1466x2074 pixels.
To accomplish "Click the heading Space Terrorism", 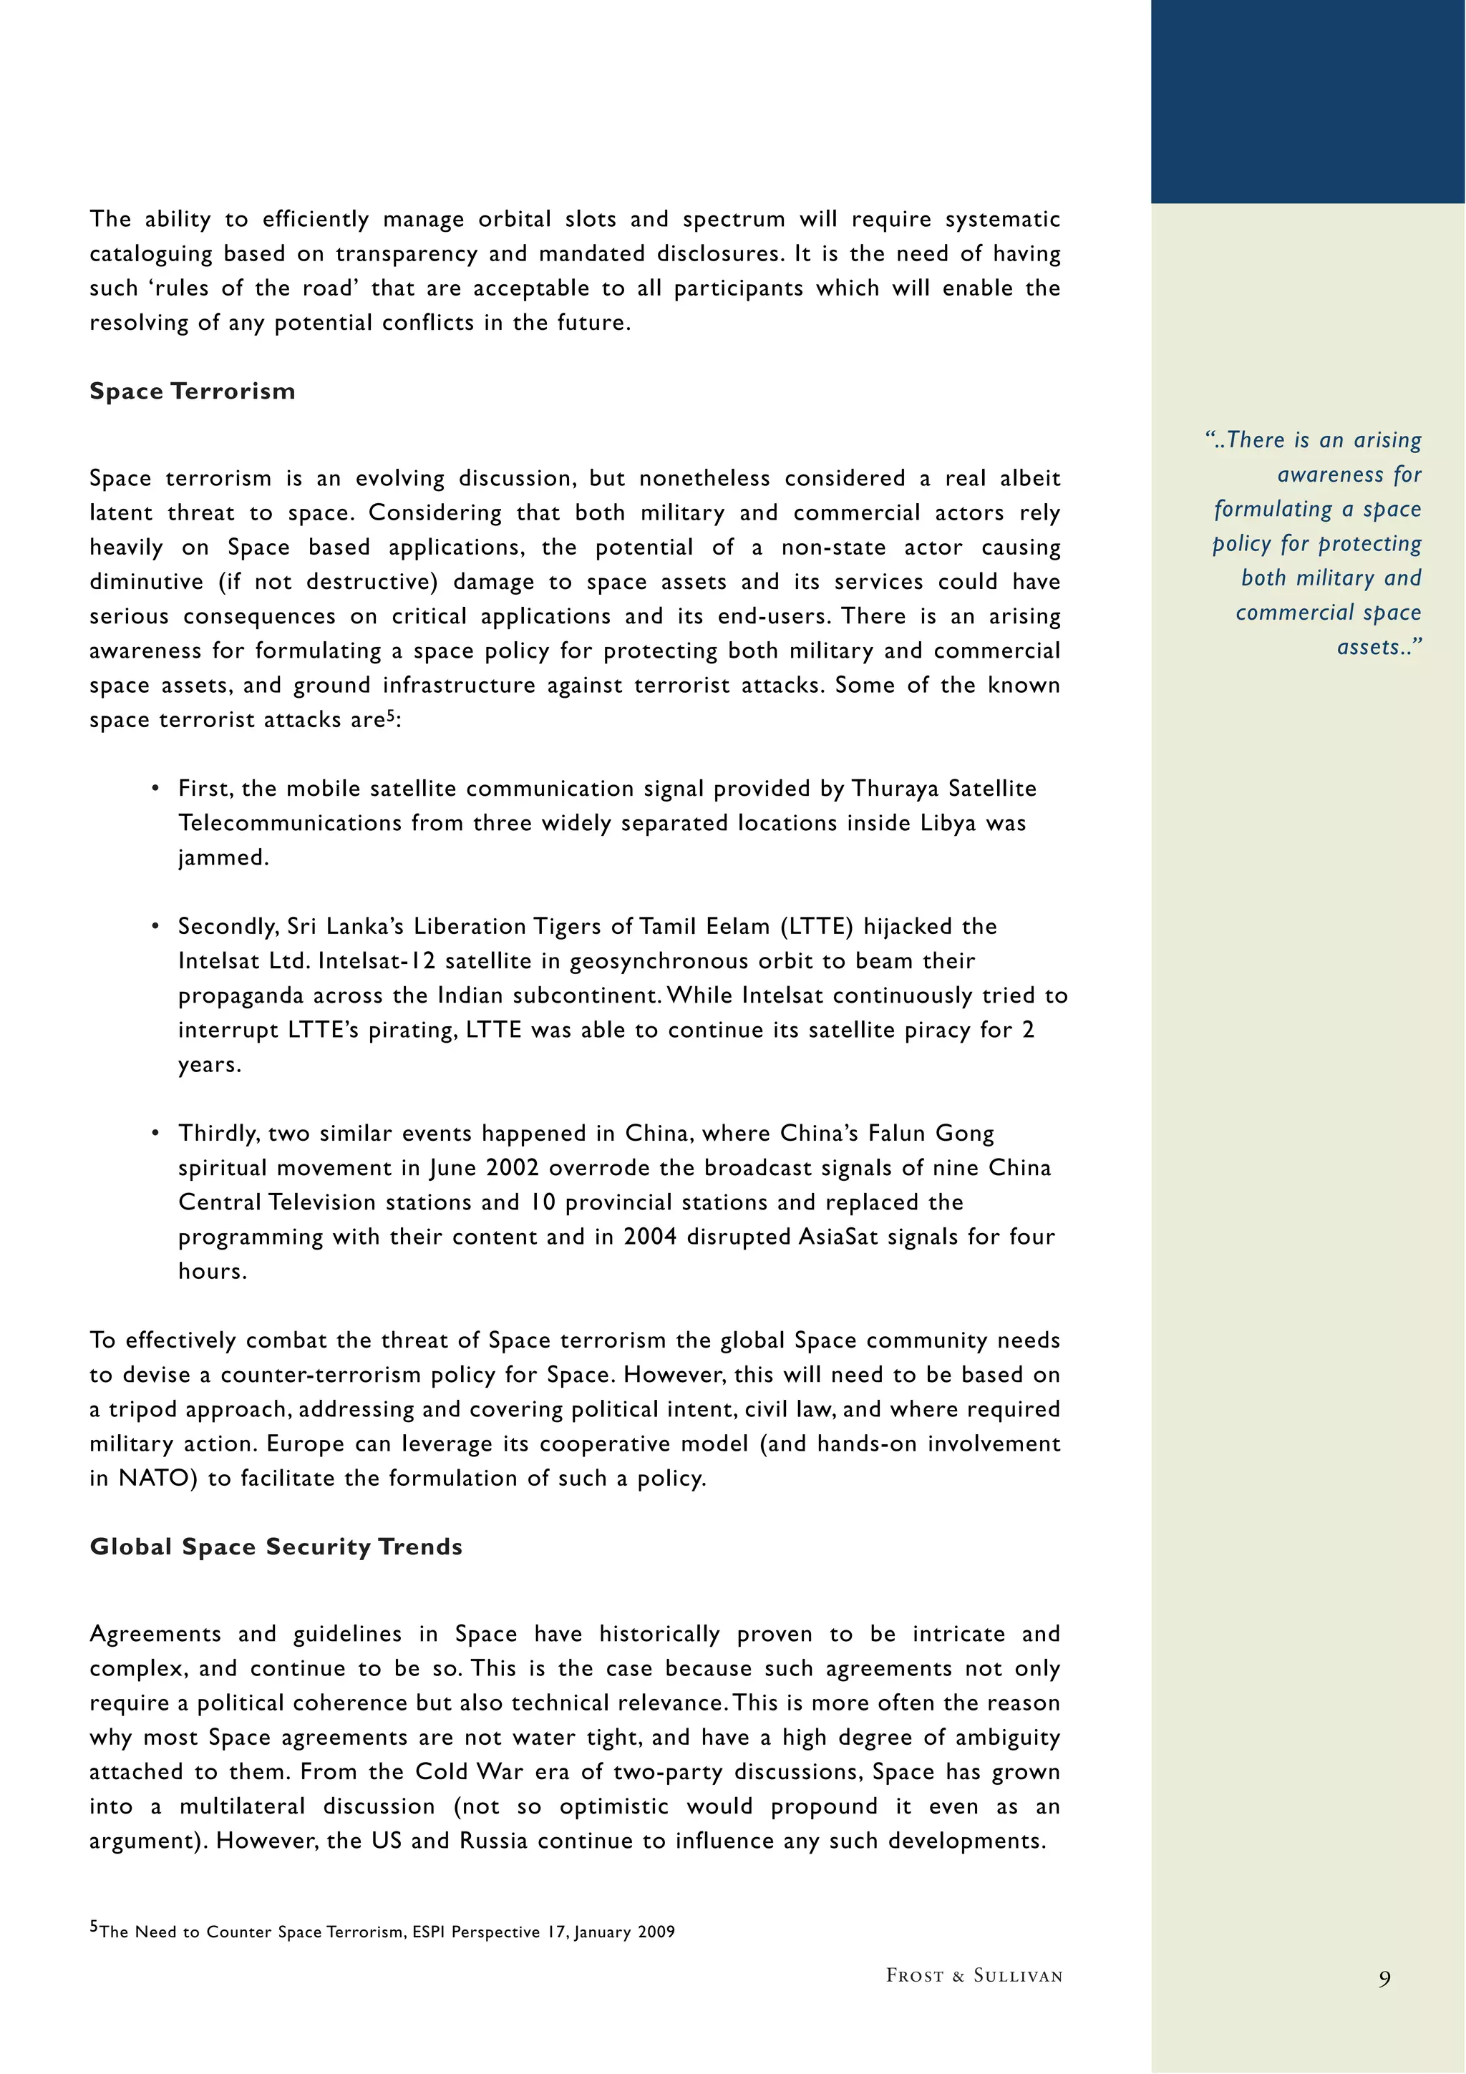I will pos(193,391).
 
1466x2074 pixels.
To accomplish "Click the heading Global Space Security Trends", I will pos(276,1547).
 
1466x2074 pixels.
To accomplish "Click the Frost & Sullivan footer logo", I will pos(974,1975).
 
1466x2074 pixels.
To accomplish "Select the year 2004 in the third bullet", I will pos(649,1237).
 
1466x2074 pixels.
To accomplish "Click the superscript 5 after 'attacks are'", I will pos(391,716).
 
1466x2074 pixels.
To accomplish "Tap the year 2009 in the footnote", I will pos(656,1932).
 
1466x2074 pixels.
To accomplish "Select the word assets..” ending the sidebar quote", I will pos(1379,648).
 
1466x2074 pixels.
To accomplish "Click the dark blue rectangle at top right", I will pos(1308,101).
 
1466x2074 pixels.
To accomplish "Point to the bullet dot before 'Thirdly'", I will pos(155,1133).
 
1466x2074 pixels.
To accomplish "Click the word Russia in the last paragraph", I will pos(493,1841).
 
